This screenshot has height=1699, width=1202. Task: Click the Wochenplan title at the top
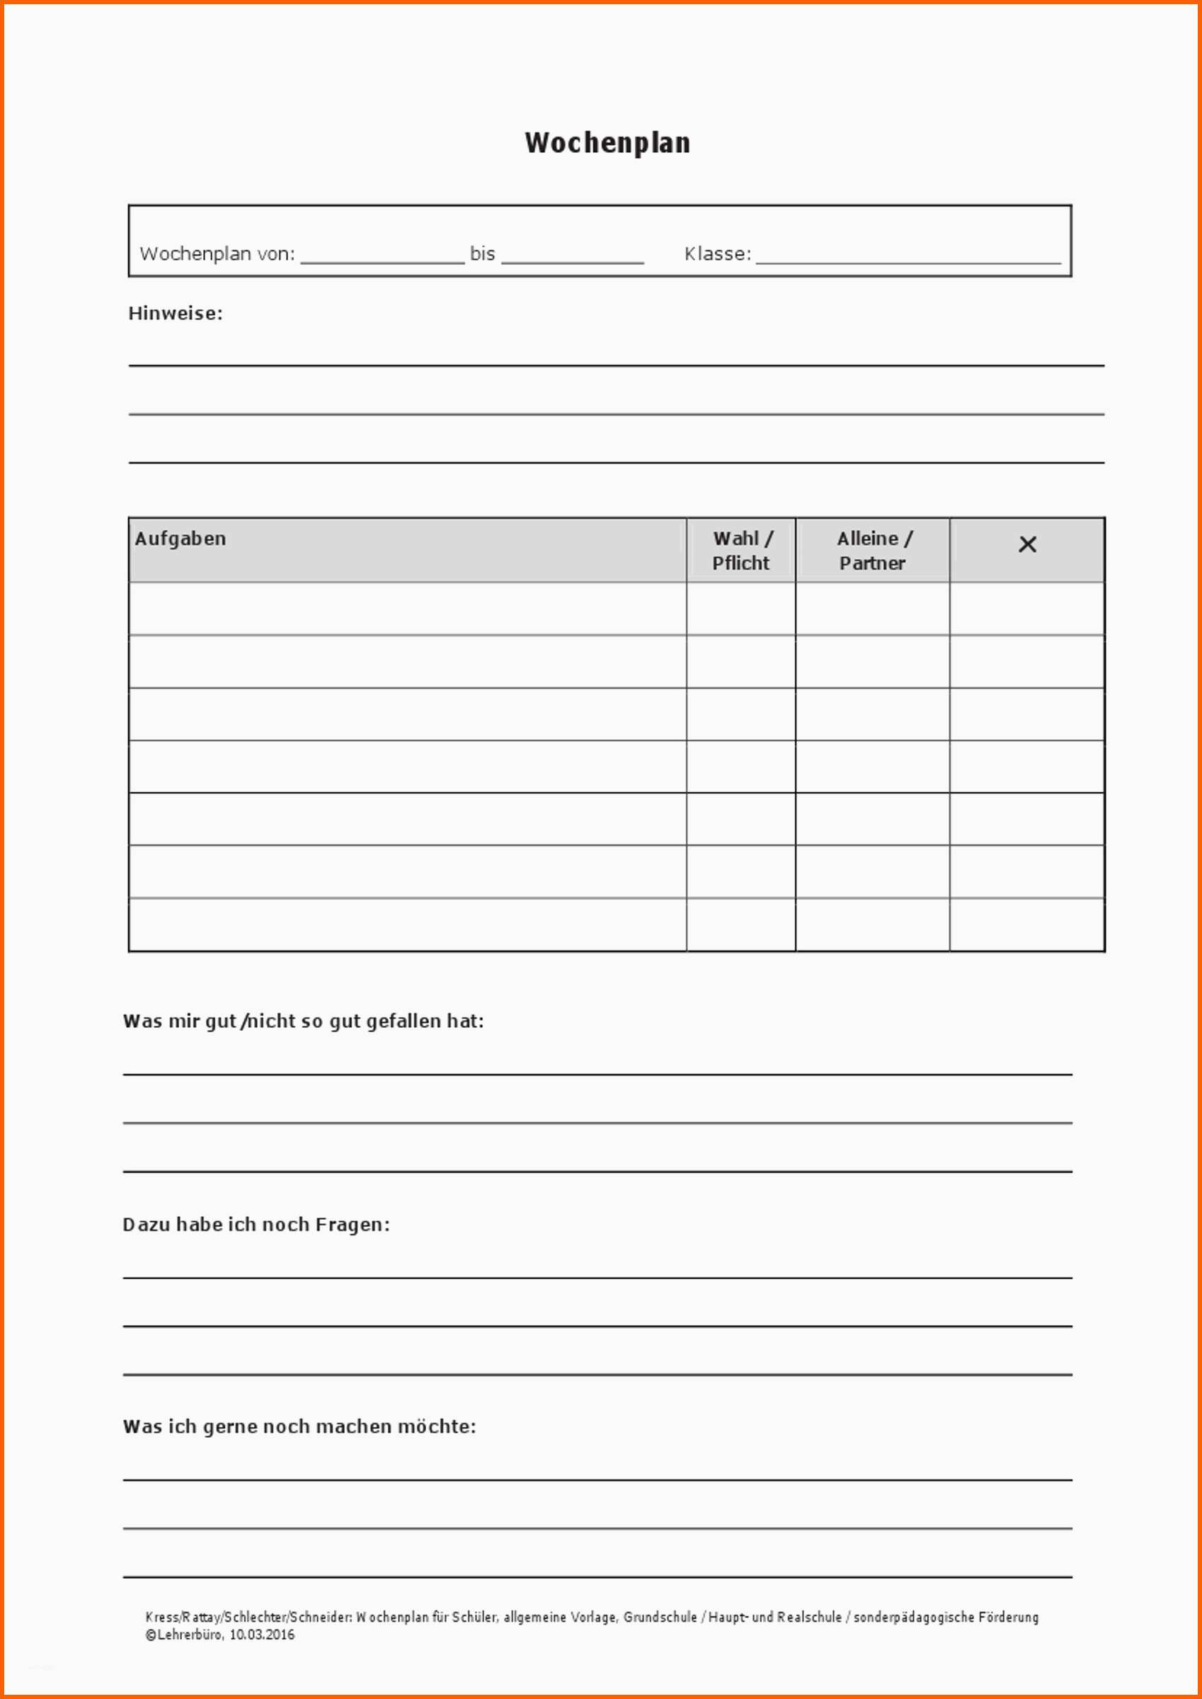pyautogui.click(x=607, y=143)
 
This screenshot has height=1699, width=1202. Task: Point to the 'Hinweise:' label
pyautogui.click(x=176, y=314)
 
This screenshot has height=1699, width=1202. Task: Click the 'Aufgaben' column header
pyautogui.click(x=181, y=539)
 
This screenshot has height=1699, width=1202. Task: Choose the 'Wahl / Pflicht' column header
pyautogui.click(x=741, y=551)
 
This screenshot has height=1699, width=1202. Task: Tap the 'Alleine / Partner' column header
pyautogui.click(x=873, y=551)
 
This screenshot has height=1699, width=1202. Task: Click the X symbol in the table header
pyautogui.click(x=1027, y=544)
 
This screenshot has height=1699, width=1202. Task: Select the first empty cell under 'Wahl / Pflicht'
pyautogui.click(x=741, y=608)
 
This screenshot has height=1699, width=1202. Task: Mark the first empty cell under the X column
pyautogui.click(x=1027, y=608)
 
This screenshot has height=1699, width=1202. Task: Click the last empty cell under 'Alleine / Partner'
pyautogui.click(x=873, y=925)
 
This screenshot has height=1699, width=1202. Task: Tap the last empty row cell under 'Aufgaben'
pyautogui.click(x=407, y=925)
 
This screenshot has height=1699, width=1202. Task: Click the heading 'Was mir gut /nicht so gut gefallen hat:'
pyautogui.click(x=304, y=1022)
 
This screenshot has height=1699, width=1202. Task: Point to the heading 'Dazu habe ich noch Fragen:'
pyautogui.click(x=256, y=1225)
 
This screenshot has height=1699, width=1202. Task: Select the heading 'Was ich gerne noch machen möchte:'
pyautogui.click(x=299, y=1426)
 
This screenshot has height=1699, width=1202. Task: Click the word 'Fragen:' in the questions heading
pyautogui.click(x=353, y=1225)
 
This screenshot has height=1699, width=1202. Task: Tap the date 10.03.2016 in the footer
pyautogui.click(x=261, y=1635)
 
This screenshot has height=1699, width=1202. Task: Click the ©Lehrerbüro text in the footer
pyautogui.click(x=183, y=1635)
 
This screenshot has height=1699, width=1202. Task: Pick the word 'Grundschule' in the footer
pyautogui.click(x=660, y=1617)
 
